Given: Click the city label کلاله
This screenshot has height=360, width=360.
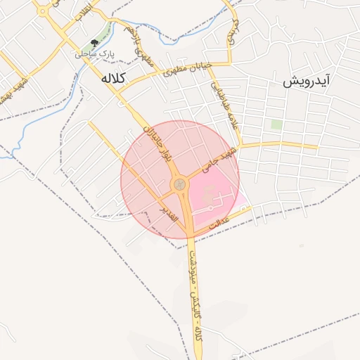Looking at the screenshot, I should (x=112, y=78).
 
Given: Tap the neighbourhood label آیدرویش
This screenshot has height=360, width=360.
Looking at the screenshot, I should (x=306, y=81).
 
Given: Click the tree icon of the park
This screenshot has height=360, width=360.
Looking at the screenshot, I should (x=95, y=44).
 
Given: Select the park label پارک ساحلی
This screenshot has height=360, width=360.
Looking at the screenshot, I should (x=94, y=53).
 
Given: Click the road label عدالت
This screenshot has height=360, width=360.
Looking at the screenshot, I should (x=212, y=224).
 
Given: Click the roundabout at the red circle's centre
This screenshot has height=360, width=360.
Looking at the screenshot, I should (x=180, y=184).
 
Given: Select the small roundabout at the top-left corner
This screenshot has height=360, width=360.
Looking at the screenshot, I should (x=43, y=11).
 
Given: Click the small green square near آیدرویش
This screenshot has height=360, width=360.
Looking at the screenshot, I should (x=276, y=124).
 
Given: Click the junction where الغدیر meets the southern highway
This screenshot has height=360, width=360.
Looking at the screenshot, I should (x=190, y=234).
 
